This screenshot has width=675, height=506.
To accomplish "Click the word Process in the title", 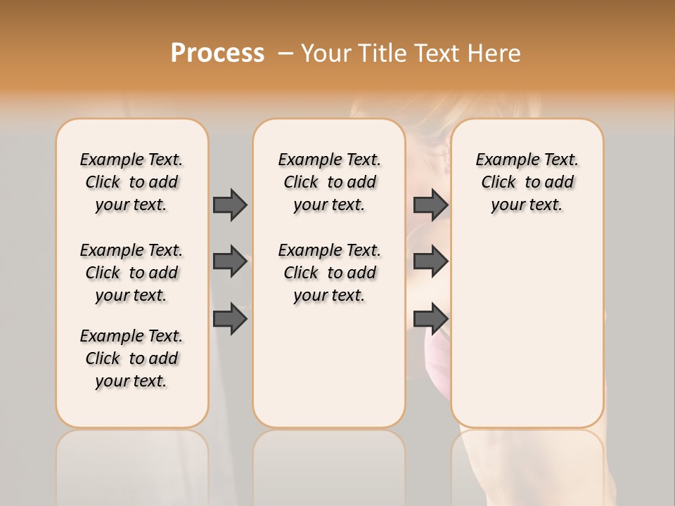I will click(217, 53).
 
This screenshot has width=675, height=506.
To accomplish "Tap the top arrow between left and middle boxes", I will click(230, 205).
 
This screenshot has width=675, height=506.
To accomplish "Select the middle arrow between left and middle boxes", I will click(230, 261).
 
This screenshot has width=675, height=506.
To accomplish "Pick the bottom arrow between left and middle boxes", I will click(230, 319).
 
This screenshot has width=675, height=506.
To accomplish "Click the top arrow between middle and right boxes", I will click(430, 205).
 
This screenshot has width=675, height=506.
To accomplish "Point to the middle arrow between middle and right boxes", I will click(430, 261).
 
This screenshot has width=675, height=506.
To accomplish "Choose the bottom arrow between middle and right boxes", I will click(430, 319).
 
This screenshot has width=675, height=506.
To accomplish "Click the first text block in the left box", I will click(131, 182).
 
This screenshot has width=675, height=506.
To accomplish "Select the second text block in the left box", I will click(131, 273).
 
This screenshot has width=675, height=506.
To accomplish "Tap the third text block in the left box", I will click(131, 358).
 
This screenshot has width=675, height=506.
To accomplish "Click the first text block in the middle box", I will click(329, 182).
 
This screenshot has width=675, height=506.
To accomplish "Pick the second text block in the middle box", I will click(329, 273).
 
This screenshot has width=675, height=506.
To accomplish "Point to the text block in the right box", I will click(527, 182).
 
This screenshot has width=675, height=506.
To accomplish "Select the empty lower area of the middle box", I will click(329, 365).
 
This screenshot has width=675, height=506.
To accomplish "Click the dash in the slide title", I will click(286, 53).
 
